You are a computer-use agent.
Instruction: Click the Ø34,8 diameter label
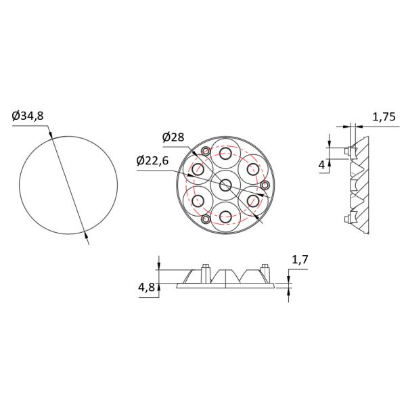click(x=28, y=116)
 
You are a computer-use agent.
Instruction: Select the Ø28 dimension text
click(x=173, y=137)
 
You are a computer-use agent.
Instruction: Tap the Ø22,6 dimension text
click(x=152, y=161)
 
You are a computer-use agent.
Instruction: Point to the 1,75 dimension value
click(x=384, y=117)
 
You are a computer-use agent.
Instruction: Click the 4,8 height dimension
click(x=147, y=287)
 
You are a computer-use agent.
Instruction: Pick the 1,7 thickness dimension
click(x=300, y=259)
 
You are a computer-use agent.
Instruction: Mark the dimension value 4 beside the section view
click(x=321, y=164)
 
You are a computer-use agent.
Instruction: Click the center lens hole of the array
click(x=225, y=185)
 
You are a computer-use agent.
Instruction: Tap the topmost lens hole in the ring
click(x=225, y=153)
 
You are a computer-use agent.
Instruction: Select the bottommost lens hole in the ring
click(x=225, y=217)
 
